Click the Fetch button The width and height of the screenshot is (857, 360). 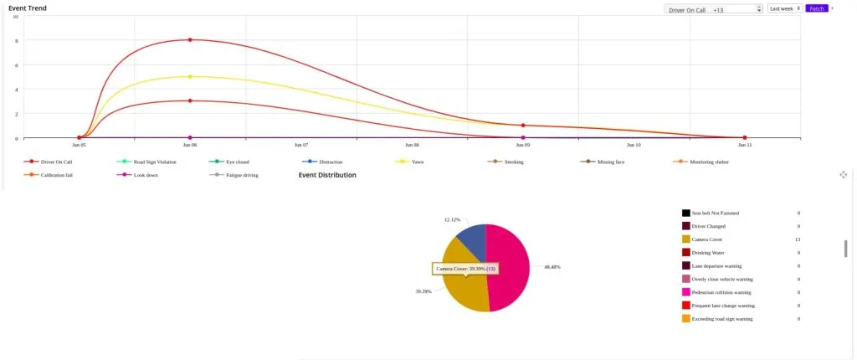(x=817, y=8)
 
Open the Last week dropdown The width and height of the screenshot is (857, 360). (x=785, y=8)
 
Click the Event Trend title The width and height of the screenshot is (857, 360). (x=28, y=8)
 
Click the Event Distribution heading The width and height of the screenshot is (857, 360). (x=327, y=175)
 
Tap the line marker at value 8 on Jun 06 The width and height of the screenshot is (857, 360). (x=190, y=39)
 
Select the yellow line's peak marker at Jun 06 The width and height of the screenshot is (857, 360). (x=190, y=76)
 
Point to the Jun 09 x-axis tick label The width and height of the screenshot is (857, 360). (x=522, y=145)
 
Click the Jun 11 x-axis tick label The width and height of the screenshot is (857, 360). (x=744, y=145)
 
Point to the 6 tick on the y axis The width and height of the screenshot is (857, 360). (x=16, y=64)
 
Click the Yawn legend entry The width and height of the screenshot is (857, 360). (x=417, y=162)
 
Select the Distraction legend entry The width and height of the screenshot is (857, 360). (x=331, y=162)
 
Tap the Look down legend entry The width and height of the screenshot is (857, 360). (x=146, y=175)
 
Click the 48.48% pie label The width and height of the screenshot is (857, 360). (x=552, y=267)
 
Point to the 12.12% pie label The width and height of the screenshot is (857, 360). (x=452, y=219)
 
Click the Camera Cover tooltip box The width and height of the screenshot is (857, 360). (x=466, y=269)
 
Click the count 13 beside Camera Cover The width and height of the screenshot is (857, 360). (x=798, y=239)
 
